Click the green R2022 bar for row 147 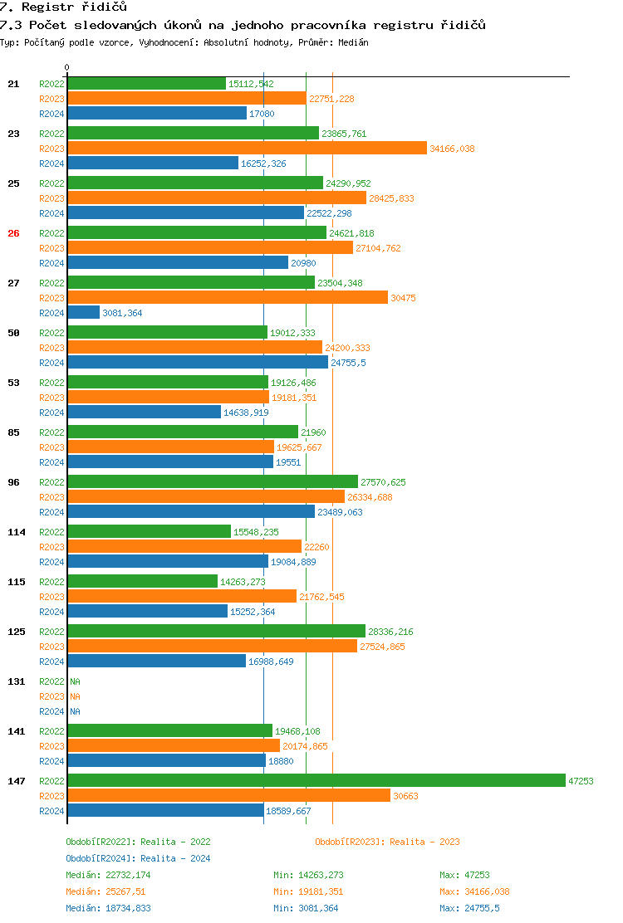[x=316, y=780]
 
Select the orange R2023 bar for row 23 [x=247, y=148]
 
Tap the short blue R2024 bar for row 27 [x=83, y=312]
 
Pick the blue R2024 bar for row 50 [x=197, y=362]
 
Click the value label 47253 [x=581, y=781]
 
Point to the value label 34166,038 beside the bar [x=452, y=149]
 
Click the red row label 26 [x=13, y=233]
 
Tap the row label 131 [x=17, y=681]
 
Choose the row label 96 [x=13, y=482]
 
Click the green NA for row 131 [x=75, y=681]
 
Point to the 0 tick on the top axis [x=67, y=68]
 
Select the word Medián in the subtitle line [x=354, y=42]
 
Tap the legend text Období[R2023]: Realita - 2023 [x=387, y=842]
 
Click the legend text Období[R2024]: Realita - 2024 [x=138, y=858]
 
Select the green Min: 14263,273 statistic [x=307, y=875]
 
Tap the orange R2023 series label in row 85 [x=52, y=447]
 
